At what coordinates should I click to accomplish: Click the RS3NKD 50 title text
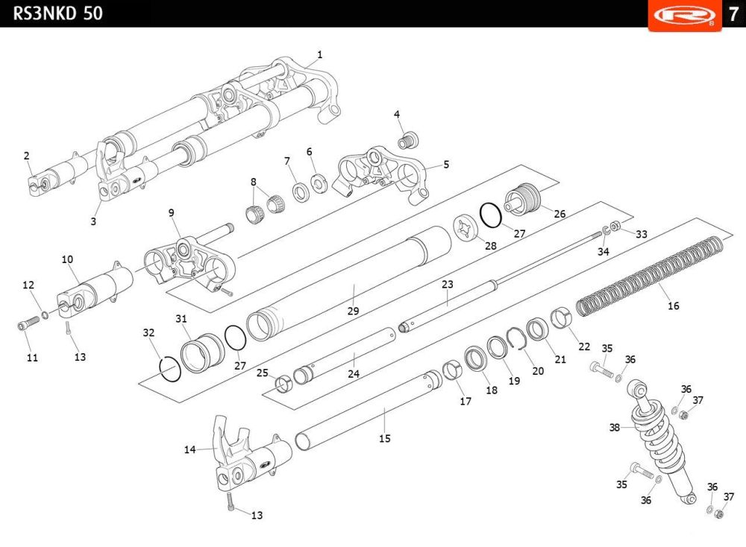58,13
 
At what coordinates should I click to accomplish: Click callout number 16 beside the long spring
674,306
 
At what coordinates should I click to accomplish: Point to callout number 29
354,311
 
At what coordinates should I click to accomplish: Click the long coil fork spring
649,273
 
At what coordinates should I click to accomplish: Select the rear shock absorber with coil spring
657,440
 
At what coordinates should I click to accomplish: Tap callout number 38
615,428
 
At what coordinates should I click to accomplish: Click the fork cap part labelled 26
523,198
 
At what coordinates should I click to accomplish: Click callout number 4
397,114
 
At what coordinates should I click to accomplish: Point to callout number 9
171,212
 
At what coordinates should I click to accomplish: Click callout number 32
148,332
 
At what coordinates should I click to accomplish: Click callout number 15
384,439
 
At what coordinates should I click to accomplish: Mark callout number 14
189,449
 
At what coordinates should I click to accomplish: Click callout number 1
320,54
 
